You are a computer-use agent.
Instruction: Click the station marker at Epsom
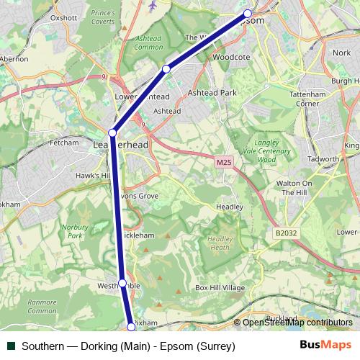coord(248,14)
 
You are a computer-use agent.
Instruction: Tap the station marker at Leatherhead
coord(112,132)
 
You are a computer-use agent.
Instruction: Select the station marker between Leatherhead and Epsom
coord(166,68)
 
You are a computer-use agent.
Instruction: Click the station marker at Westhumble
coord(122,283)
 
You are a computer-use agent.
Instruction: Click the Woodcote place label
coord(231,56)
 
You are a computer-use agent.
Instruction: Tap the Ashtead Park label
coord(212,93)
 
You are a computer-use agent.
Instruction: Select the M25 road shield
coord(224,163)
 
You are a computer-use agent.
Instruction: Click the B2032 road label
coord(286,233)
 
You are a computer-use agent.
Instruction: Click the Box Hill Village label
coord(220,288)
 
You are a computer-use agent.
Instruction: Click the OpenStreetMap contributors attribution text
coord(297,323)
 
